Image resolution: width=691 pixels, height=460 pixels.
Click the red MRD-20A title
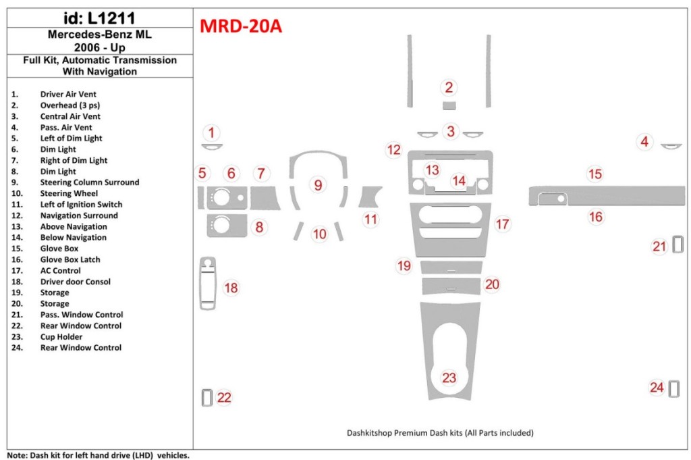coord(241,26)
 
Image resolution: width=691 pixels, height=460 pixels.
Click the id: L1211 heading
coord(99,15)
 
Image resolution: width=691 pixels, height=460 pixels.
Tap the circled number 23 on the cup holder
coord(449,378)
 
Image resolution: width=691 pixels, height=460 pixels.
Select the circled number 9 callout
coord(318,184)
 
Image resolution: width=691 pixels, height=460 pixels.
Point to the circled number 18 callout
coord(231,288)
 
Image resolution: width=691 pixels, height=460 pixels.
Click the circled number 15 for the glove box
coord(595,174)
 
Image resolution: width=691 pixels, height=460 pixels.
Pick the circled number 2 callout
coord(449,87)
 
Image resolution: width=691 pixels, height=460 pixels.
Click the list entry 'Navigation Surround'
coord(78,215)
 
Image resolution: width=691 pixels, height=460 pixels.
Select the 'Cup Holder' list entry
coord(61,336)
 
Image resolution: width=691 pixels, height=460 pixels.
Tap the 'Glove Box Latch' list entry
coord(70,259)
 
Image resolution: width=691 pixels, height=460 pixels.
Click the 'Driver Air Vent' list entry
coord(67,95)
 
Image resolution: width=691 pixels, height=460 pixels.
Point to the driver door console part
coord(207,283)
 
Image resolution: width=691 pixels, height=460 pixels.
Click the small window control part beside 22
coord(206,398)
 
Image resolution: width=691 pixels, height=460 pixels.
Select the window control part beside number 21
coord(678,245)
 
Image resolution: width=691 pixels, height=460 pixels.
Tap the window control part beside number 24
coord(673,388)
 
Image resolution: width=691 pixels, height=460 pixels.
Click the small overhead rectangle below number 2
coord(449,105)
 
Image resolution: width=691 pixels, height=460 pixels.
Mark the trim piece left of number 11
coord(369,197)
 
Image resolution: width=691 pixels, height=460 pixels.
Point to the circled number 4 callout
coord(645,142)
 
